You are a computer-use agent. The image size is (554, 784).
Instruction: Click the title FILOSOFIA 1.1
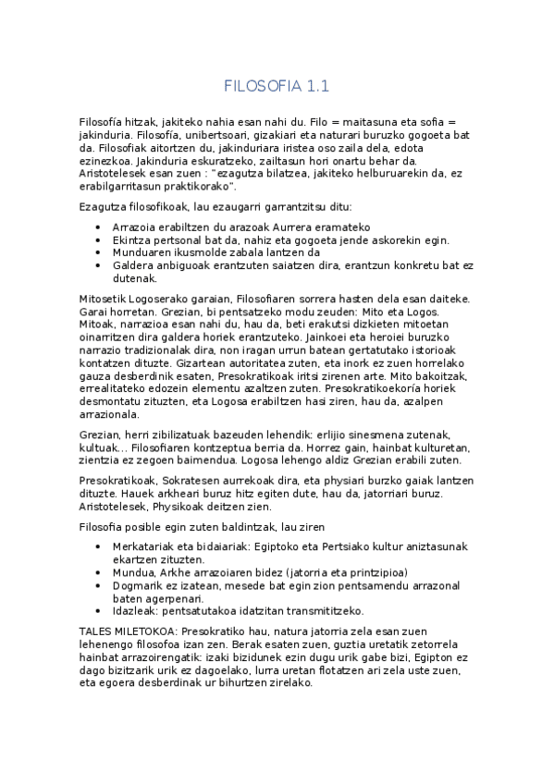[x=277, y=87]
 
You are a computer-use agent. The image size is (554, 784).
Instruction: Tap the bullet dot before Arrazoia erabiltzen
[x=100, y=227]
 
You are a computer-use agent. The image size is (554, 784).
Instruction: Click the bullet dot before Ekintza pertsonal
[x=100, y=239]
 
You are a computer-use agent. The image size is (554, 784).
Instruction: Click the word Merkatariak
[x=148, y=546]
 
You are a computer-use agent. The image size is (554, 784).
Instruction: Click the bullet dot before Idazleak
[x=100, y=610]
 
